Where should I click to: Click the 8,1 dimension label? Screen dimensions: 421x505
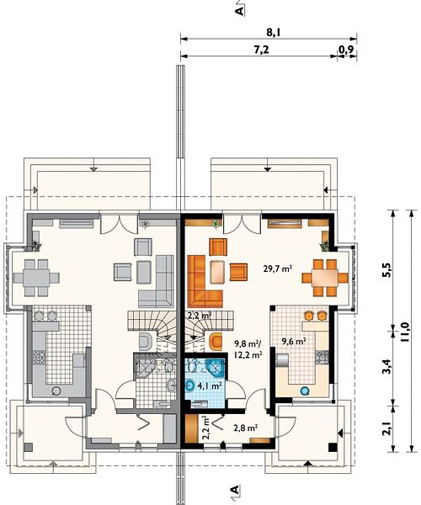pos(273,32)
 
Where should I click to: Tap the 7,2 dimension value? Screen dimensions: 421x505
pos(261,50)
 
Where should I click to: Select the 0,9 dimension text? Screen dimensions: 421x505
pos(347,50)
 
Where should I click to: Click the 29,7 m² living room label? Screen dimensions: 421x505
pos(278,268)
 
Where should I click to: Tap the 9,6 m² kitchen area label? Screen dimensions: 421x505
pos(294,341)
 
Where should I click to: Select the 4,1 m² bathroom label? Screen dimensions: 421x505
pos(209,385)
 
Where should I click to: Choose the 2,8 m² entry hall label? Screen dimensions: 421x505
pos(245,428)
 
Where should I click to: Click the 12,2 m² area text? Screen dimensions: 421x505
pos(248,355)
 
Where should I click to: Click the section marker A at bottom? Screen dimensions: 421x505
pos(236,490)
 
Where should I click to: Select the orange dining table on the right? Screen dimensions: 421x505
pos(325,278)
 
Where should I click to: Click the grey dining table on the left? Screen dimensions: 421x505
pos(36,278)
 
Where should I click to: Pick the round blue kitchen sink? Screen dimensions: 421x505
pos(305,391)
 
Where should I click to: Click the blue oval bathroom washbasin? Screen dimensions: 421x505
pos(190,385)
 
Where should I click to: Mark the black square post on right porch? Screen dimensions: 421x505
pos(333,448)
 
